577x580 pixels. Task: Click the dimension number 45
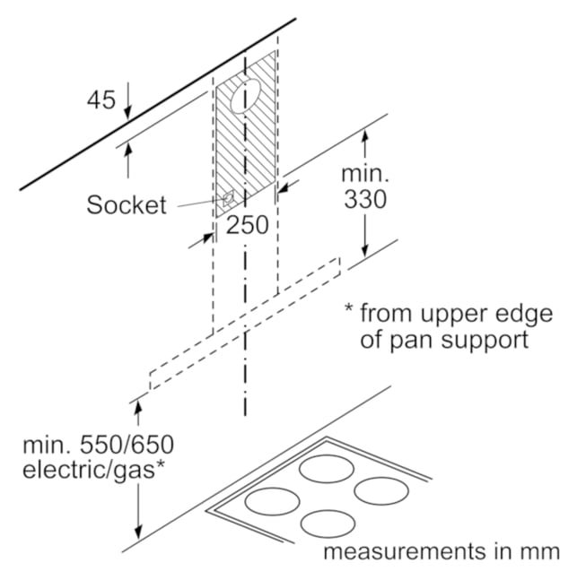(x=101, y=100)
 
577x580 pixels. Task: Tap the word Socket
(x=127, y=204)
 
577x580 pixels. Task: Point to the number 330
(x=365, y=199)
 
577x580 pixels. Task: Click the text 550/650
(x=127, y=445)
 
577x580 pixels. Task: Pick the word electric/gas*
(x=93, y=470)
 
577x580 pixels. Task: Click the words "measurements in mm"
(x=441, y=551)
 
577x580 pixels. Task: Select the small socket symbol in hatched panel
(x=228, y=199)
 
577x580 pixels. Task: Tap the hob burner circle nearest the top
(x=327, y=469)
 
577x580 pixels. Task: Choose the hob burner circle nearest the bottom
(x=328, y=524)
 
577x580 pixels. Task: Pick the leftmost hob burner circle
(x=272, y=502)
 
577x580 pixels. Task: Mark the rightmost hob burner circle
(x=381, y=491)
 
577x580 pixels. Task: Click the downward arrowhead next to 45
(x=127, y=113)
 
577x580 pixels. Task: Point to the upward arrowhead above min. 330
(x=365, y=135)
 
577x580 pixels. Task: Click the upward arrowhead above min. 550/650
(x=138, y=409)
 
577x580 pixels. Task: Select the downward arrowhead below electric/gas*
(x=138, y=532)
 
